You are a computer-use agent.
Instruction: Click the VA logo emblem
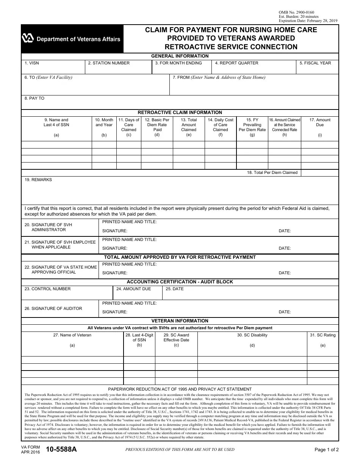(28, 38)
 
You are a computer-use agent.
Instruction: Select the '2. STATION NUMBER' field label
(109, 63)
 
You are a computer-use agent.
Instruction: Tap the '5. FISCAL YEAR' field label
(315, 63)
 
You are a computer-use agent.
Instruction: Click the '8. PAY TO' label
(34, 98)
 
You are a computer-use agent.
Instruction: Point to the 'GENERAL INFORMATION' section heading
(180, 56)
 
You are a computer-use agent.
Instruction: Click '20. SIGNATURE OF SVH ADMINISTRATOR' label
(48, 227)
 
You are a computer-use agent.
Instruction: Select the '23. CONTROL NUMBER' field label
(47, 289)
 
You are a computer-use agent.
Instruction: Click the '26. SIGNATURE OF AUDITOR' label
(53, 308)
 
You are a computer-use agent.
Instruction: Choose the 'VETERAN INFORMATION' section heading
(180, 321)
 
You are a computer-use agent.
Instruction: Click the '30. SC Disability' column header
(252, 335)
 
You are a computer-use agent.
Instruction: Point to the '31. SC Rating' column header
(322, 335)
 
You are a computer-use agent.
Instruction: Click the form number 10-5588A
(61, 449)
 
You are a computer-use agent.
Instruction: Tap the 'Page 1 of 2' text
(327, 450)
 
